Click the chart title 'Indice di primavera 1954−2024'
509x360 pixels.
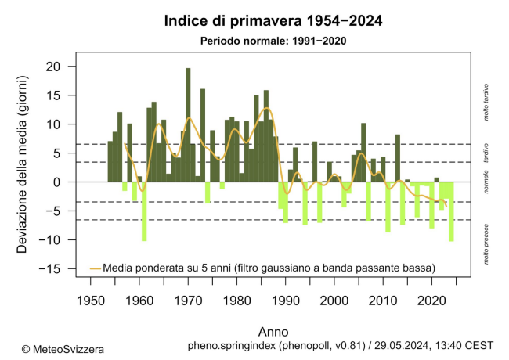(x=273, y=20)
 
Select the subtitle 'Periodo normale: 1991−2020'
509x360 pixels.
(x=273, y=40)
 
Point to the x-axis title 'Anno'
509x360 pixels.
(x=273, y=329)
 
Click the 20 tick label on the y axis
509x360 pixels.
(x=52, y=67)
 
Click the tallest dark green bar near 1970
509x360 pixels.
(x=188, y=125)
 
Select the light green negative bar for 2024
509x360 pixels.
(x=451, y=211)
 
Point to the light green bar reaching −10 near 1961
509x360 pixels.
(x=144, y=211)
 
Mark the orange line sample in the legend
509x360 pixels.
(x=95, y=268)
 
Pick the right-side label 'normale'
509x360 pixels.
(x=486, y=182)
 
